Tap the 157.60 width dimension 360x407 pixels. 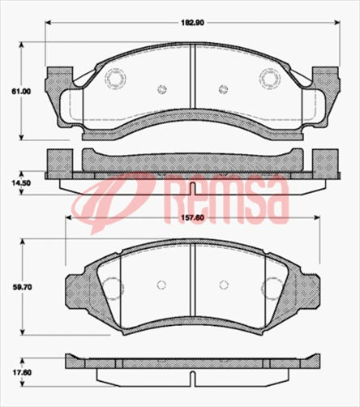point(192,217)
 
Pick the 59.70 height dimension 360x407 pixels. point(19,286)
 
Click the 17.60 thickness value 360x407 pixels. point(20,374)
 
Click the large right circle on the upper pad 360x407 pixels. point(269,79)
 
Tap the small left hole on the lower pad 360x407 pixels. point(161,285)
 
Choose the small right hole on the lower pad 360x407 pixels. point(222,285)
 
